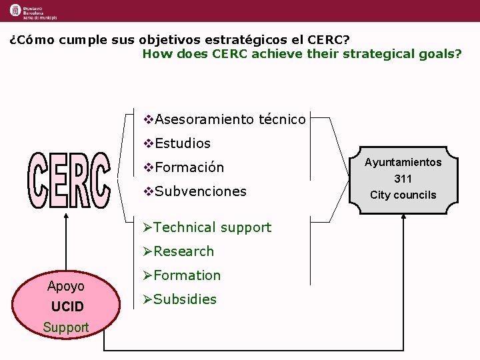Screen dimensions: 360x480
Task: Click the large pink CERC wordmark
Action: click(69, 179)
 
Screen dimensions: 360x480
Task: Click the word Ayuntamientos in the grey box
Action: click(403, 162)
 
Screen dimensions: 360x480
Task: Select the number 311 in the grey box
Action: click(403, 179)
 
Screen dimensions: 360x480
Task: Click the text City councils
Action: click(403, 195)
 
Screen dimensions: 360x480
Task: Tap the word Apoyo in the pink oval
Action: click(66, 286)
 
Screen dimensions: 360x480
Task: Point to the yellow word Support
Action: click(66, 327)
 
